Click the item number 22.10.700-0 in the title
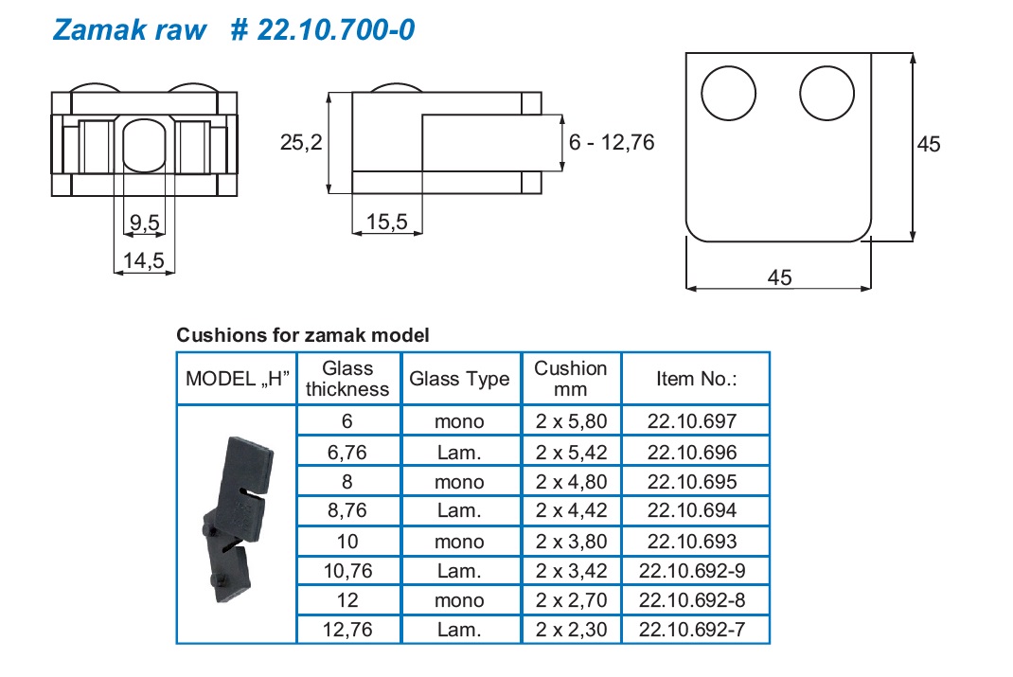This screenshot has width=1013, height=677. (x=336, y=29)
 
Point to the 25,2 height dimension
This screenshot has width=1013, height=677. (x=301, y=142)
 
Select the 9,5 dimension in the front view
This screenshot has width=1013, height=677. (x=145, y=223)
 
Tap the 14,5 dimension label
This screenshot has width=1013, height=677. (x=144, y=261)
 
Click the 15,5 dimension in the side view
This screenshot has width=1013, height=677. (x=387, y=222)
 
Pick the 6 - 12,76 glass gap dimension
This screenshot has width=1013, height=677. (x=612, y=142)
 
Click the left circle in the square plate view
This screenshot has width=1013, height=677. (x=728, y=93)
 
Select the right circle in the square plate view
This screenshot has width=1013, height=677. (x=826, y=93)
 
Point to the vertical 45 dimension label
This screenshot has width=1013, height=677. (x=929, y=144)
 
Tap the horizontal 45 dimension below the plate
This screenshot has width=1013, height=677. (x=780, y=277)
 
